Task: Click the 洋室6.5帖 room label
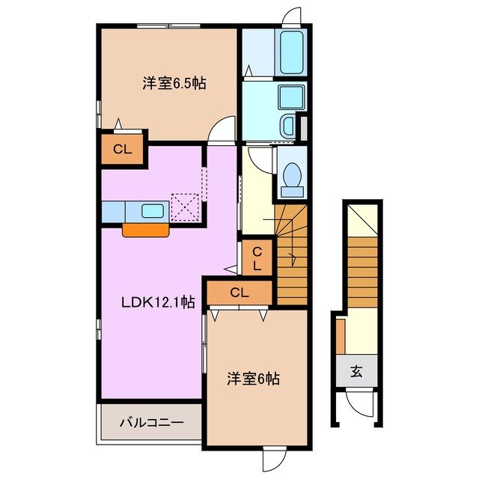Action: tap(174, 85)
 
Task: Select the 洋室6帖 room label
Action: tap(254, 379)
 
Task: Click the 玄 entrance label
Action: tap(356, 371)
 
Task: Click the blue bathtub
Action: tap(292, 52)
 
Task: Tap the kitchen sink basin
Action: tap(153, 211)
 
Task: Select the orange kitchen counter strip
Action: tap(146, 230)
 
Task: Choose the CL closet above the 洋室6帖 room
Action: tap(239, 293)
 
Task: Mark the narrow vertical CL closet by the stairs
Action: tap(256, 259)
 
